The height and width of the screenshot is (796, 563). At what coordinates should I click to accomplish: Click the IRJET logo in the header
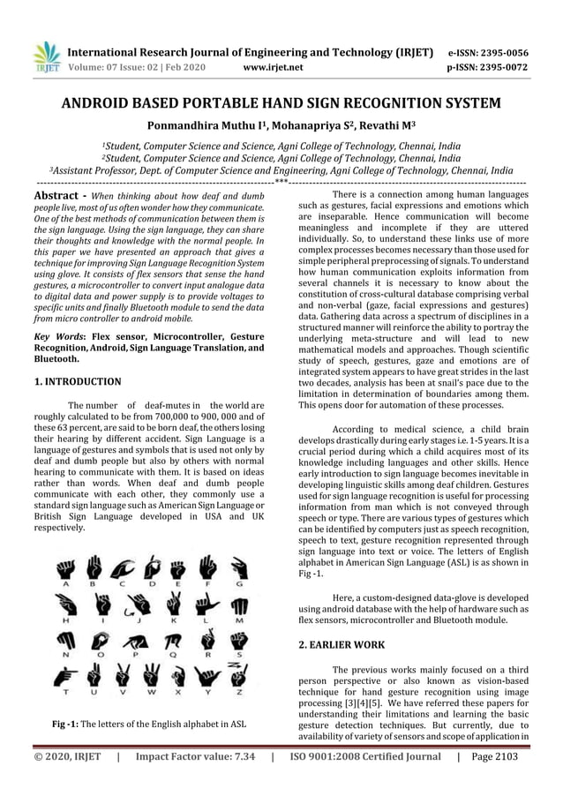[44, 58]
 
